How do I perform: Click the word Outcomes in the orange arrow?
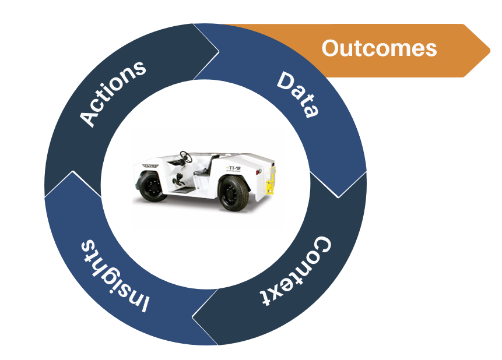(379, 48)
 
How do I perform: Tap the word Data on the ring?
(298, 94)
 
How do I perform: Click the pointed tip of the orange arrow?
(489, 50)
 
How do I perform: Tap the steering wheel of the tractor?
(186, 156)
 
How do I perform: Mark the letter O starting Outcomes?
(331, 48)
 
